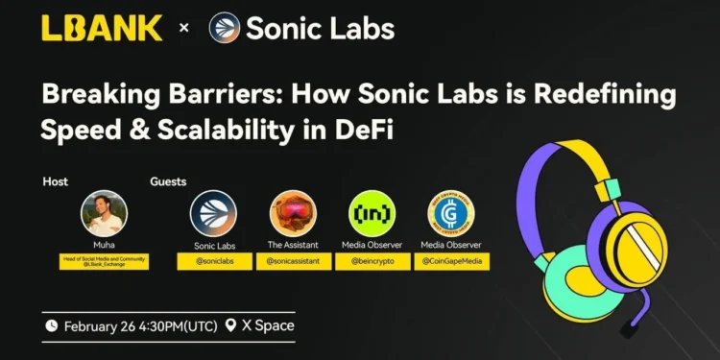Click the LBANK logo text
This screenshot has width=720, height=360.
[x=102, y=27]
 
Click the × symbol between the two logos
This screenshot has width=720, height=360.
[x=184, y=28]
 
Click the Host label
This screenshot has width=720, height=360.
[x=55, y=181]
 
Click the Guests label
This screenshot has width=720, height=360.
[x=168, y=181]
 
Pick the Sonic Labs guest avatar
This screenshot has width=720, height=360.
[x=213, y=214]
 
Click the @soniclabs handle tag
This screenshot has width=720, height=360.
[x=213, y=261]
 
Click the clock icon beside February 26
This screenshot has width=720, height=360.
[x=51, y=326]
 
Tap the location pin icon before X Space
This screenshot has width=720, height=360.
[x=230, y=326]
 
